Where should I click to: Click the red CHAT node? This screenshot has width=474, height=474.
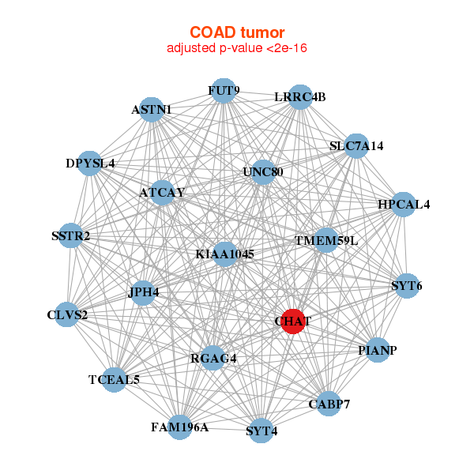293,322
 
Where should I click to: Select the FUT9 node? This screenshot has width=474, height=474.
224,91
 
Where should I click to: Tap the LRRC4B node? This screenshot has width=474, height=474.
300,97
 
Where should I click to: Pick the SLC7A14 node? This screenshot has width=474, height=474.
356,146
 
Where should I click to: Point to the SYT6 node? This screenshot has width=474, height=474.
407,285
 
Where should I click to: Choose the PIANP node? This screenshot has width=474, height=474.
378,350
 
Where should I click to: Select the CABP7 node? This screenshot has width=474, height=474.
328,404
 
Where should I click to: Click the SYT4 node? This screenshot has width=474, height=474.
261,431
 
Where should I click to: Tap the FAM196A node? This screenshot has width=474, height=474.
180,427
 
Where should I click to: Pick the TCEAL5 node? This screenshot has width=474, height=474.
115,380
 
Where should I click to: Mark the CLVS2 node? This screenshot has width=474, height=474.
68,315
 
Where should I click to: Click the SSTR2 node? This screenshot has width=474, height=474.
71,235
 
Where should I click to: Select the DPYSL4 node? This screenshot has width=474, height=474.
90,164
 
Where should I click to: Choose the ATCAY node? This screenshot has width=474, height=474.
162,193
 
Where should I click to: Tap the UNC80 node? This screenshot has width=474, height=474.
263,172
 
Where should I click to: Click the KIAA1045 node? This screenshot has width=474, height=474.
225,254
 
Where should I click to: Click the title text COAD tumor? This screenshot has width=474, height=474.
236,32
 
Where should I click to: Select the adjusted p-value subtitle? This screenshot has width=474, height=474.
236,48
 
